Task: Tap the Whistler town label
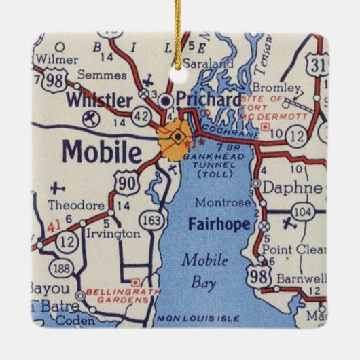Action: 100,101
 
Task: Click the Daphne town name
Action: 295,186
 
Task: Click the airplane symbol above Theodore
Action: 59,188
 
